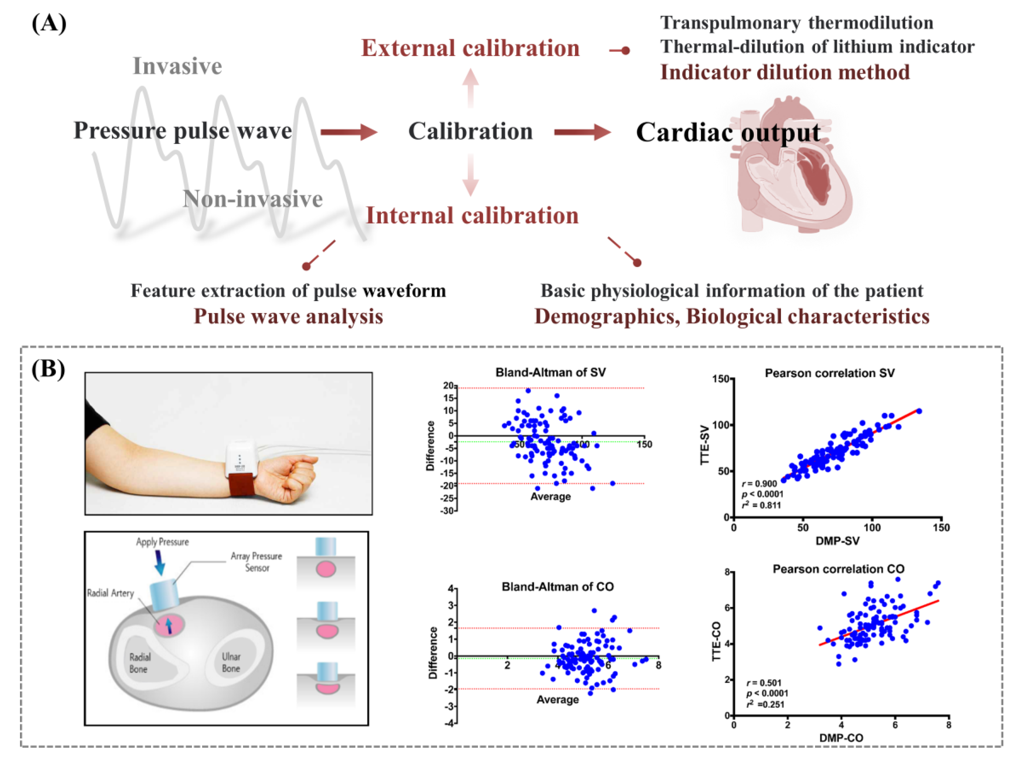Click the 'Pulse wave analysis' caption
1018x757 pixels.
(288, 317)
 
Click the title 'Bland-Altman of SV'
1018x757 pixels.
(550, 372)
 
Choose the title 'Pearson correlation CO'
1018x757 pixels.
(839, 569)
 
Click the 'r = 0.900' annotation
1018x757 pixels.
(759, 483)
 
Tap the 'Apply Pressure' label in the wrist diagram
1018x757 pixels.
(162, 542)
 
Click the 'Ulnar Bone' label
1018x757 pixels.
(231, 663)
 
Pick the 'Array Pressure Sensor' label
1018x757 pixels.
(257, 562)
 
